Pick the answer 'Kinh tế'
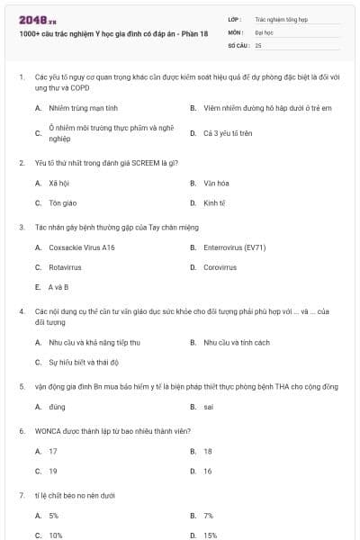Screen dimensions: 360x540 click(x=214, y=203)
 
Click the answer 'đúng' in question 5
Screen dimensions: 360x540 click(x=58, y=407)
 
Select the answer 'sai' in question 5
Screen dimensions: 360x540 click(x=209, y=407)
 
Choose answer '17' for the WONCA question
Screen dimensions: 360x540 click(x=53, y=451)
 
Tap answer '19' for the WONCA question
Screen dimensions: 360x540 click(x=53, y=471)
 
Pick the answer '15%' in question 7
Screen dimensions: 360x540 click(x=211, y=535)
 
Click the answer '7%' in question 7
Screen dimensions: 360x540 click(x=209, y=516)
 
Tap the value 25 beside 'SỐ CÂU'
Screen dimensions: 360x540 click(x=258, y=44)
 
